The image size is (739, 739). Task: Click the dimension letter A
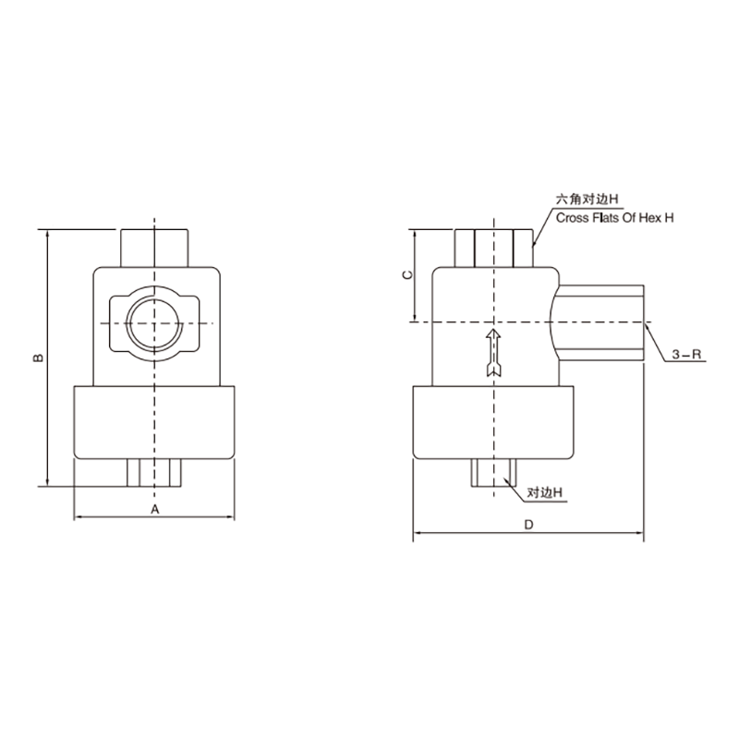click(154, 510)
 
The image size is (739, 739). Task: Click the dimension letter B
click(39, 357)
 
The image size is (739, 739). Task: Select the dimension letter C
click(408, 274)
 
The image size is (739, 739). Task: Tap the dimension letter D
click(528, 525)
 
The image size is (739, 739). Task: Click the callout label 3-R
click(686, 355)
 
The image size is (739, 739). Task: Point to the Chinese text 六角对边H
click(587, 200)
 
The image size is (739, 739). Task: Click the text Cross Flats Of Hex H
click(614, 218)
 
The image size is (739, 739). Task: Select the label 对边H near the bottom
click(545, 493)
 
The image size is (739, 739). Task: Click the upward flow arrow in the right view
click(493, 353)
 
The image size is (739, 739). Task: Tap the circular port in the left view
click(154, 323)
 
